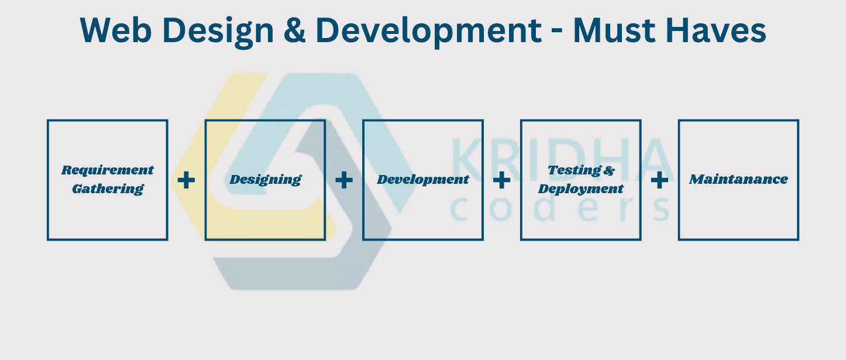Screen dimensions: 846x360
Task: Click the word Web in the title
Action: pyautogui.click(x=116, y=30)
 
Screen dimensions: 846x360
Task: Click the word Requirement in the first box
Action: pyautogui.click(x=108, y=170)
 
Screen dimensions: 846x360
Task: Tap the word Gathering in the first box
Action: pyautogui.click(x=108, y=189)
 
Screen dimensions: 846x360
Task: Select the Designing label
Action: pyautogui.click(x=266, y=180)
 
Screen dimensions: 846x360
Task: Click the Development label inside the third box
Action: pyautogui.click(x=423, y=180)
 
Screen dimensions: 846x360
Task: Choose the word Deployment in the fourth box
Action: pyautogui.click(x=581, y=189)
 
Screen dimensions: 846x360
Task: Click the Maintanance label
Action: pyautogui.click(x=739, y=180)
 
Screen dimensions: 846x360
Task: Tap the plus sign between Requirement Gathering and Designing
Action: pyautogui.click(x=186, y=180)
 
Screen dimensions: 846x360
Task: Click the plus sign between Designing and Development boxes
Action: pyautogui.click(x=344, y=180)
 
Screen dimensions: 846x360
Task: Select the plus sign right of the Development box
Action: pyautogui.click(x=502, y=180)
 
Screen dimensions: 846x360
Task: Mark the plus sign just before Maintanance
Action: pyautogui.click(x=659, y=180)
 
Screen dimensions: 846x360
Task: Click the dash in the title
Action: pyautogui.click(x=557, y=32)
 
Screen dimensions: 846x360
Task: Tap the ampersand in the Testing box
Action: pyautogui.click(x=609, y=170)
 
